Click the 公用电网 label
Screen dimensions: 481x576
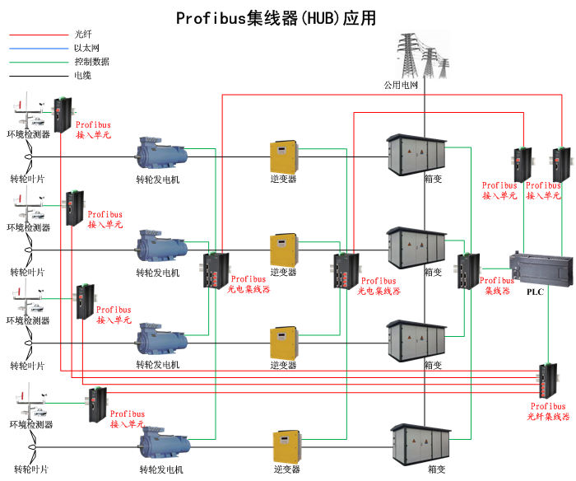402,85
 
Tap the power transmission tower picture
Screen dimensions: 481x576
424,54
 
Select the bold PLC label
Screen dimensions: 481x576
535,291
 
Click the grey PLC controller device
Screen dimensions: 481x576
540,267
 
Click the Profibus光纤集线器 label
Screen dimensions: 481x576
549,411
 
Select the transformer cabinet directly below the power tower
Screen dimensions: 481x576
417,153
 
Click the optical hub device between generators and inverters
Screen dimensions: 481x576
216,269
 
